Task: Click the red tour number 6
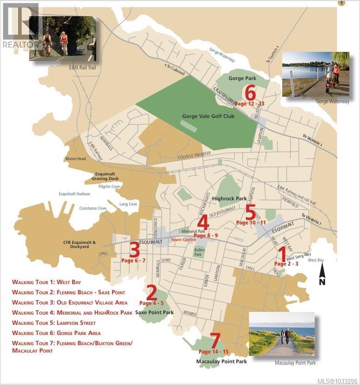tap(250, 93)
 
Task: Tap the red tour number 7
tap(215, 341)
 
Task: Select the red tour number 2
tap(151, 293)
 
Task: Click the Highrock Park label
tap(230, 199)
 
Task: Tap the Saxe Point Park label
tap(155, 312)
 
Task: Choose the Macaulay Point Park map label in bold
tap(221, 361)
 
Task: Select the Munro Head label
tap(75, 159)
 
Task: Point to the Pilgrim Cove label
tap(109, 186)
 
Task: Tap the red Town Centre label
tap(183, 240)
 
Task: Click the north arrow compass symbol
tap(322, 274)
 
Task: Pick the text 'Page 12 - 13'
tap(249, 104)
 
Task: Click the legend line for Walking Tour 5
tap(54, 323)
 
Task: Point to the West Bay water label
tap(316, 261)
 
